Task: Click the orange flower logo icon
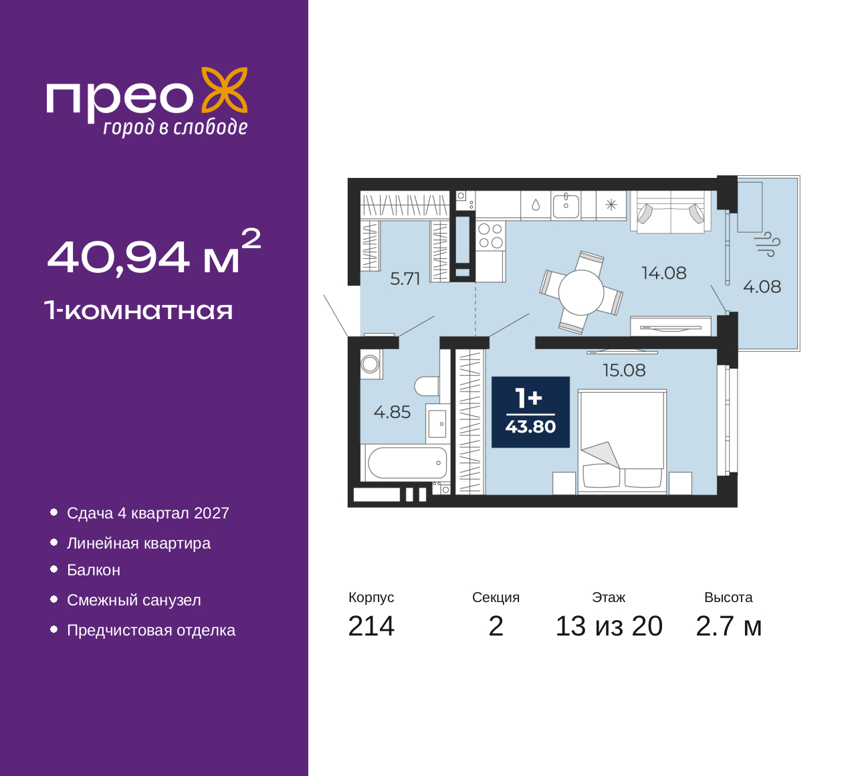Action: tap(225, 90)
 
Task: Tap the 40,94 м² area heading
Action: tap(154, 253)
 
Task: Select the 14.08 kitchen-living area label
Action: tap(664, 273)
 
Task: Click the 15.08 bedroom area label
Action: tap(624, 370)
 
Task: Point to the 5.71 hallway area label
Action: tap(405, 279)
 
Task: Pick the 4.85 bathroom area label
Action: tap(392, 412)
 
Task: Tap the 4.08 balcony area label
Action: tap(762, 286)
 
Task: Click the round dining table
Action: tap(581, 293)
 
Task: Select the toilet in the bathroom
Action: tap(427, 386)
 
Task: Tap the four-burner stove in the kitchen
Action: tap(490, 235)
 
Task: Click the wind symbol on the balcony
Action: tap(767, 244)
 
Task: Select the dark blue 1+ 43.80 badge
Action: tap(530, 412)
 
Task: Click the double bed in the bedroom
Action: tap(622, 442)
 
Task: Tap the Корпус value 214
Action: tap(371, 626)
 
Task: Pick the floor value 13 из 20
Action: tap(609, 626)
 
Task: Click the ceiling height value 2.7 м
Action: tap(728, 626)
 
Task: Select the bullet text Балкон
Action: tap(94, 570)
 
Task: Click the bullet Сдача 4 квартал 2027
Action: tap(148, 513)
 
